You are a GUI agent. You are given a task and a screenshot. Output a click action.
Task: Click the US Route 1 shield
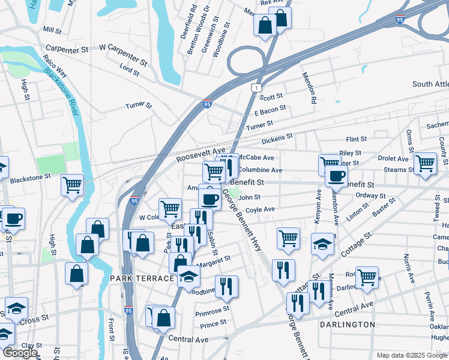(x=257, y=88)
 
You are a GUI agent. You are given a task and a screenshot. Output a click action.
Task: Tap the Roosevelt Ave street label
(x=200, y=155)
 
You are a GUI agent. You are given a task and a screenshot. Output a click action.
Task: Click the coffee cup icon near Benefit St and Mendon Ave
(x=336, y=176)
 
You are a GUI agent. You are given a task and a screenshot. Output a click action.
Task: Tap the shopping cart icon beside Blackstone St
(x=72, y=185)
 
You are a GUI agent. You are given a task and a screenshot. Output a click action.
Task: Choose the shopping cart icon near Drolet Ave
(x=425, y=162)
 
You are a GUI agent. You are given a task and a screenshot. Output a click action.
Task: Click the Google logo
(x=20, y=353)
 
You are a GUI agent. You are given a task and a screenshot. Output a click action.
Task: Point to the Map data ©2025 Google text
(x=412, y=355)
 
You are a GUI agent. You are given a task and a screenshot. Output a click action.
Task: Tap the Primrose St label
(x=212, y=311)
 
